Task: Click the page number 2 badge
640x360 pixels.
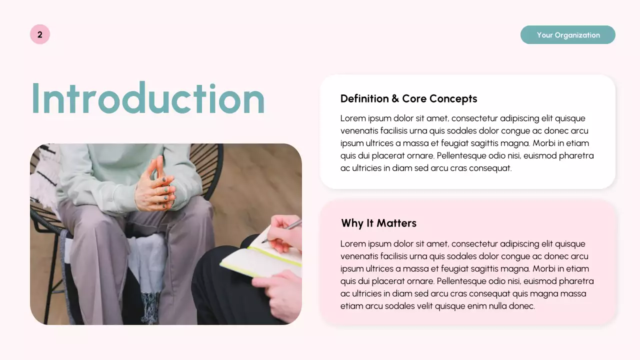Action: tap(40, 34)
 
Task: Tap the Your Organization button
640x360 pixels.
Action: tap(567, 35)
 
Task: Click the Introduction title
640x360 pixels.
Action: tap(148, 98)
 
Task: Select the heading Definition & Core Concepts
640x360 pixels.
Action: tap(408, 98)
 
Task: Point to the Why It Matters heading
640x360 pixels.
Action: tap(378, 223)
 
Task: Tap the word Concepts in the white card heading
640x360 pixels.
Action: tap(453, 98)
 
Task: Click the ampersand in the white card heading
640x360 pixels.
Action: tap(395, 98)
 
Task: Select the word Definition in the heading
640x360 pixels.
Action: tap(364, 98)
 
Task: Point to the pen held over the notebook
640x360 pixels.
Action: tap(285, 230)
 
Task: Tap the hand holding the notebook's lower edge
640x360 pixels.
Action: tap(277, 290)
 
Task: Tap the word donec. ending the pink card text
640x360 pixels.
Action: tap(522, 306)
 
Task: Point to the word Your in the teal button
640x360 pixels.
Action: tap(544, 35)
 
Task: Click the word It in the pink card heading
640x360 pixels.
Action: tap(370, 223)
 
